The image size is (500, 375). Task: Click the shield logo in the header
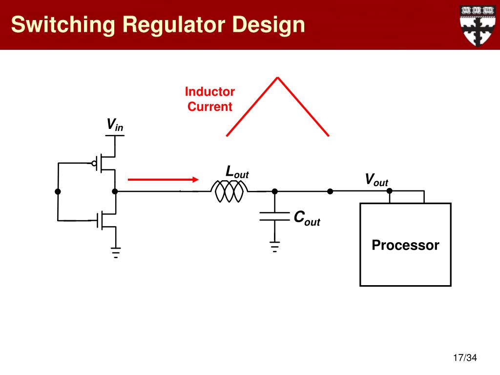(x=478, y=25)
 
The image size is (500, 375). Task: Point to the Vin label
(x=115, y=125)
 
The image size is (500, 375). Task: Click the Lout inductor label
(x=237, y=172)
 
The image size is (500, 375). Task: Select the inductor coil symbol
(x=229, y=191)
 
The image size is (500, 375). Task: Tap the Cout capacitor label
(x=307, y=218)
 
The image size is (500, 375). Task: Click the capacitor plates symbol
(x=274, y=216)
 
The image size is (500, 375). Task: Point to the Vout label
(x=376, y=180)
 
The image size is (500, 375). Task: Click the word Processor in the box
(x=405, y=245)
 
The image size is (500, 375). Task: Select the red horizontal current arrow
(x=163, y=180)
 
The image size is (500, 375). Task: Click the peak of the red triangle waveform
(x=278, y=78)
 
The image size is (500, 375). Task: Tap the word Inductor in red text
(x=210, y=92)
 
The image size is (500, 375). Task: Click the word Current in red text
(x=210, y=106)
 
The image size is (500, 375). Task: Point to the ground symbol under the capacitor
(x=274, y=247)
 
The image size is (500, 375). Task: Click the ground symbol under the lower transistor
(x=116, y=252)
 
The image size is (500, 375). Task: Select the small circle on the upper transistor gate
(x=94, y=164)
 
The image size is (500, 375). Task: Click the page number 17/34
(x=465, y=358)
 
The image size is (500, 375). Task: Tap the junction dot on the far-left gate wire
(x=58, y=191)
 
